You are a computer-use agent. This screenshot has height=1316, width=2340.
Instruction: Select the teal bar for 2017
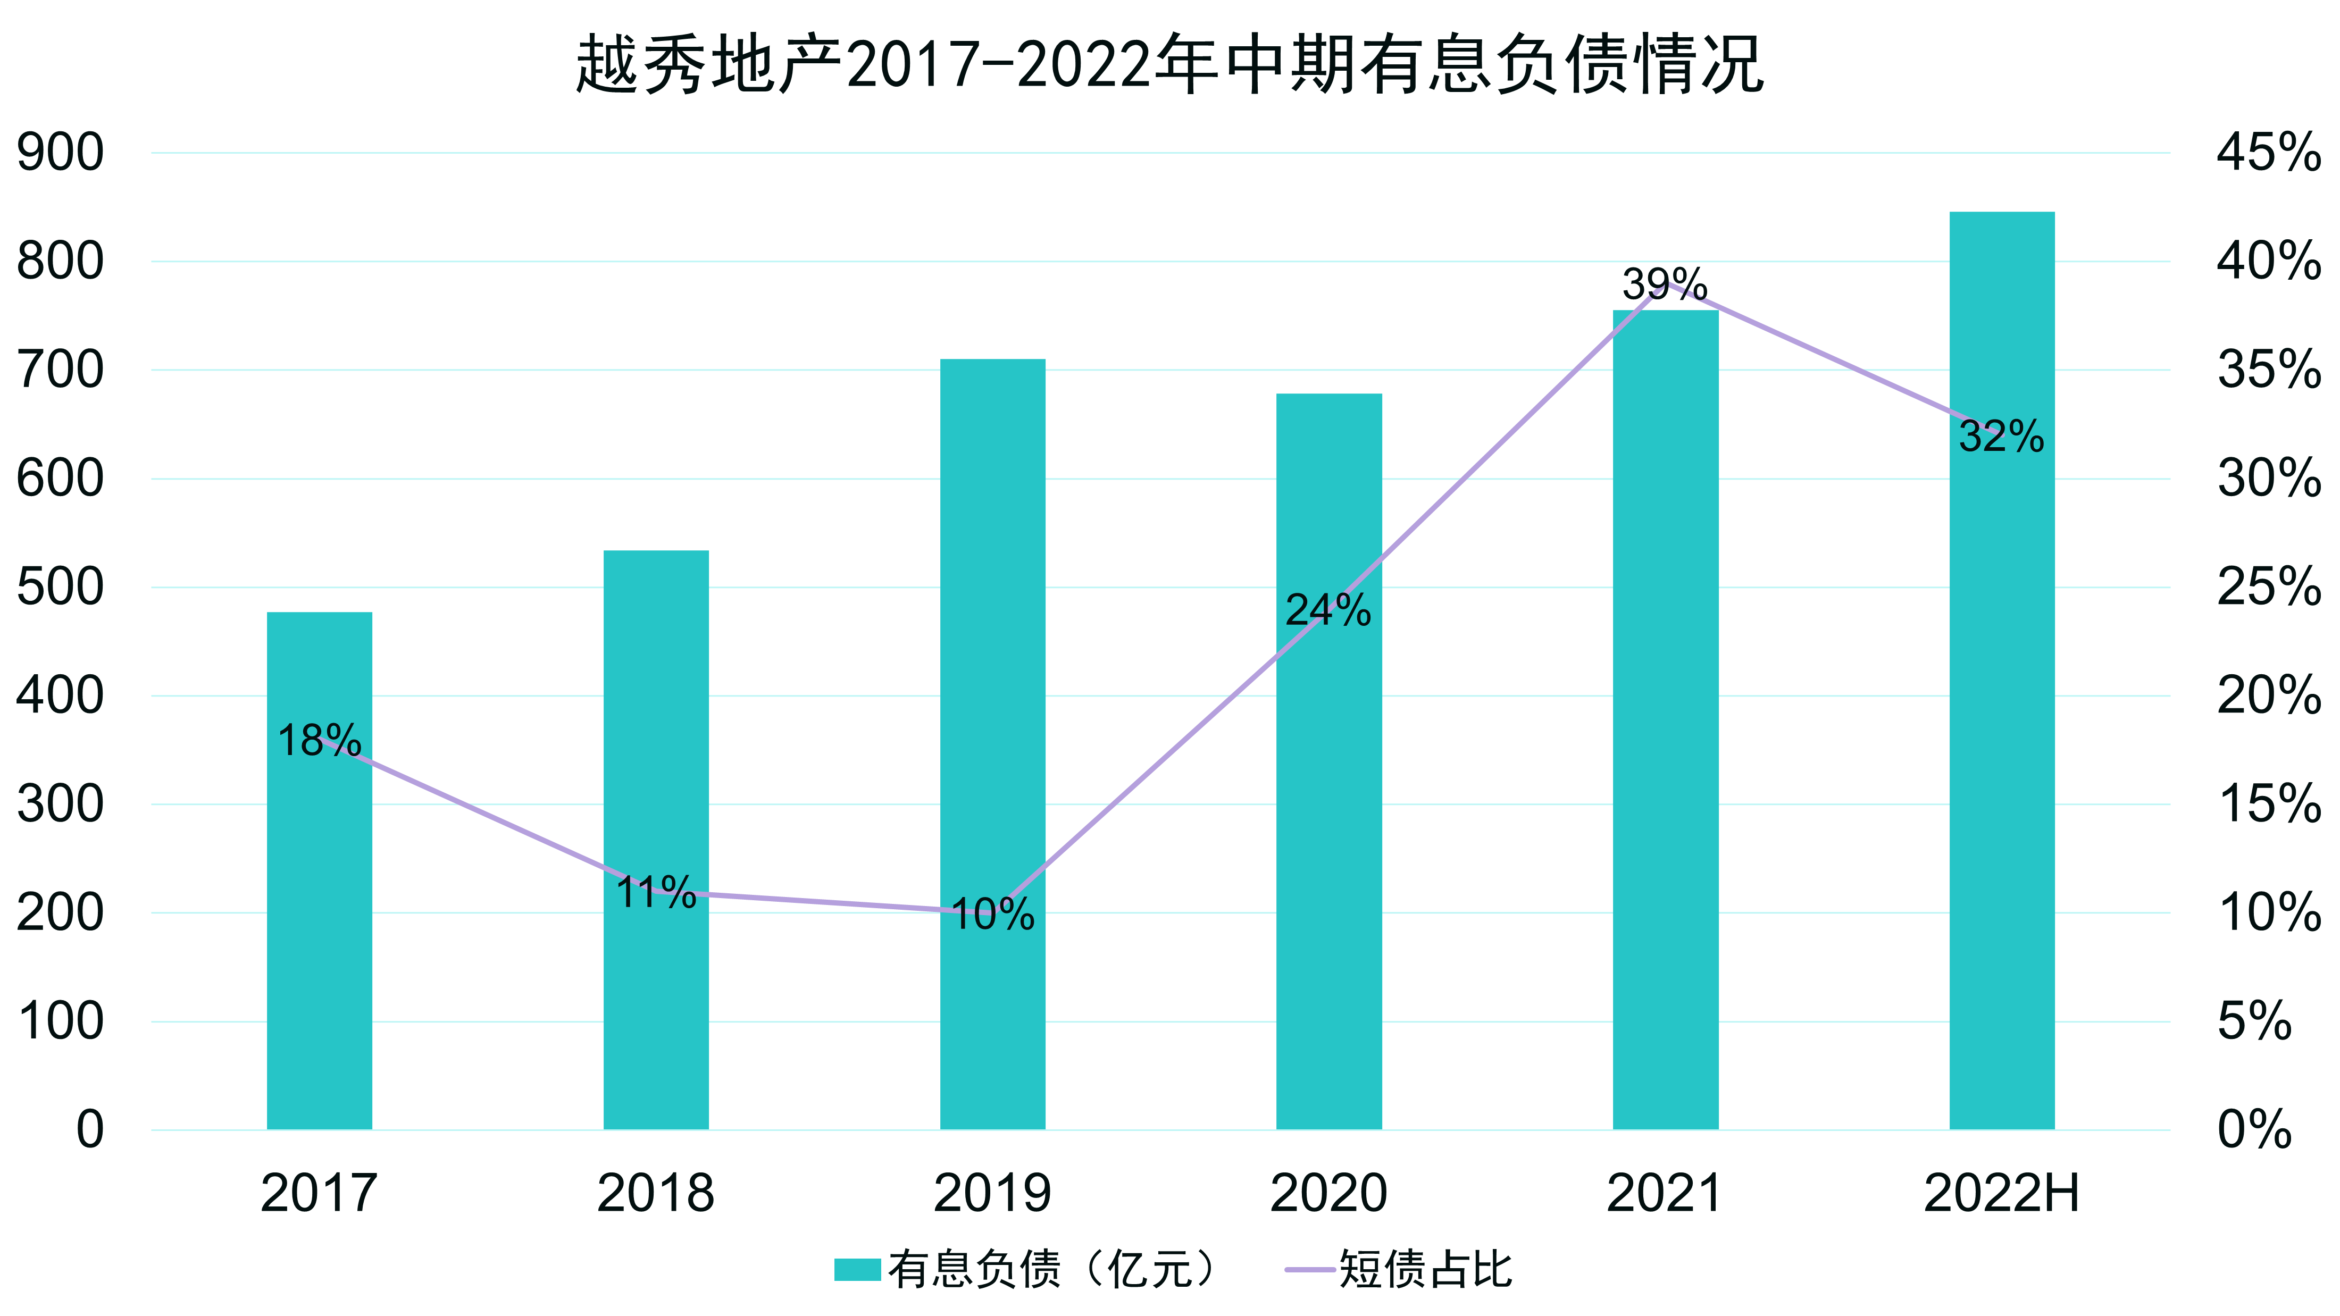point(320,908)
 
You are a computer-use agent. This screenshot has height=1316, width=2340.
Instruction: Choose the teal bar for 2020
point(1329,817)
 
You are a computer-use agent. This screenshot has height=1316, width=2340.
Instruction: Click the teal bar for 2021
point(1666,726)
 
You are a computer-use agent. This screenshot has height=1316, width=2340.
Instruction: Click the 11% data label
point(656,893)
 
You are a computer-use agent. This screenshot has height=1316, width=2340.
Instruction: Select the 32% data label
point(2001,437)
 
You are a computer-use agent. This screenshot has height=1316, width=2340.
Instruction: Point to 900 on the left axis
point(60,153)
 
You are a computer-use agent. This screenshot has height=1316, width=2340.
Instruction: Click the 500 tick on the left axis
point(60,588)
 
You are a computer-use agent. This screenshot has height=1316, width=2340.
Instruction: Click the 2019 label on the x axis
point(993,1193)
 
